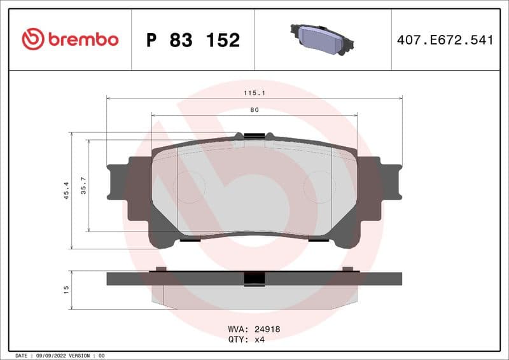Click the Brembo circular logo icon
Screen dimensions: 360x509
tap(32, 39)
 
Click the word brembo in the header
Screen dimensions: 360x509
tap(82, 39)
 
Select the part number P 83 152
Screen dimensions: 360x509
tap(193, 40)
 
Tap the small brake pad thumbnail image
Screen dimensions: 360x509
tap(322, 39)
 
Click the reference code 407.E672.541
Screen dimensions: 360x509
tap(445, 40)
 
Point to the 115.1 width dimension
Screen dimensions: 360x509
tap(254, 93)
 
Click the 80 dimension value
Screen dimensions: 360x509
tap(254, 110)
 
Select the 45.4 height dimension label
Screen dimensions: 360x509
tap(66, 190)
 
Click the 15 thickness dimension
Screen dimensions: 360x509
tap(66, 289)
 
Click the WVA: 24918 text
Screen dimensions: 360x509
tap(254, 329)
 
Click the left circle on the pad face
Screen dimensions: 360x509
tap(190, 188)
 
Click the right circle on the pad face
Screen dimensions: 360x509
tap(319, 188)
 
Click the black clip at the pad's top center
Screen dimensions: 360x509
tap(254, 135)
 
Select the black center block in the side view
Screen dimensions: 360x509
tap(254, 279)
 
